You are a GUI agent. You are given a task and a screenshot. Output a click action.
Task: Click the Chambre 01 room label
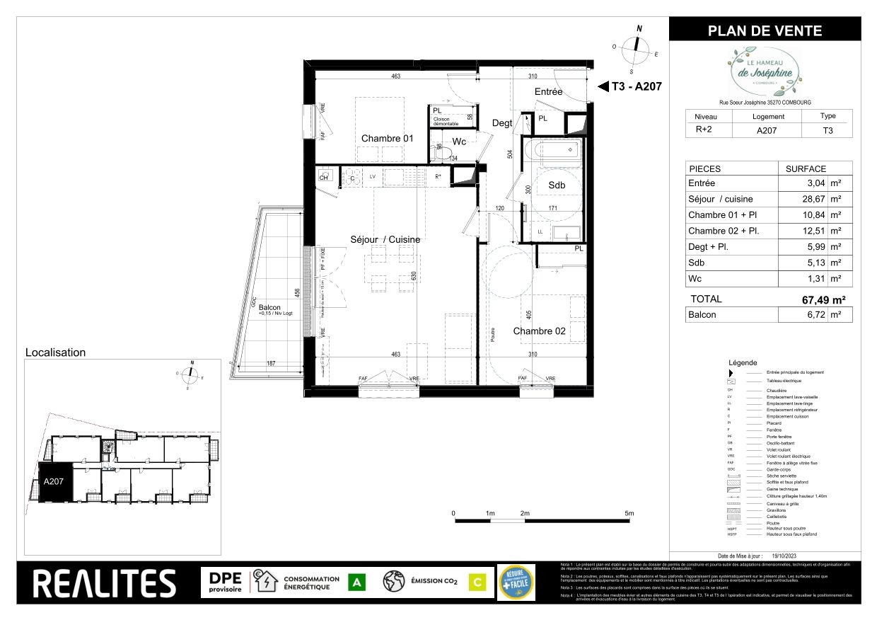387,138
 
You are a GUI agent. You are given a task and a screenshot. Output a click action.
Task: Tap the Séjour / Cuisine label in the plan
385,239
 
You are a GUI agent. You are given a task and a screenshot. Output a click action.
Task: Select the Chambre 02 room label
539,331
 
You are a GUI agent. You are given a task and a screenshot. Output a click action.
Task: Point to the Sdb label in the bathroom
557,185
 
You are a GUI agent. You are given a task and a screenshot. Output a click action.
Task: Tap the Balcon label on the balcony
269,307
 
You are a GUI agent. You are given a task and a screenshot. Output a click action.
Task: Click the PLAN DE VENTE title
765,30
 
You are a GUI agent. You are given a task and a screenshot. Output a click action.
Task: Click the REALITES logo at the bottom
105,583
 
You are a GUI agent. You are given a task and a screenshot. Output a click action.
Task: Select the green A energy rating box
357,582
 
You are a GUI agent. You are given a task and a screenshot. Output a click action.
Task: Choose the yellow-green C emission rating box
477,582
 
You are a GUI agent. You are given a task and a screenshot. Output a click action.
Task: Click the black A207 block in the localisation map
54,482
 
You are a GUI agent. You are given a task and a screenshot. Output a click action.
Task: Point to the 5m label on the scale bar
629,513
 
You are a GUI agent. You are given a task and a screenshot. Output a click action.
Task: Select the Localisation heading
55,352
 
